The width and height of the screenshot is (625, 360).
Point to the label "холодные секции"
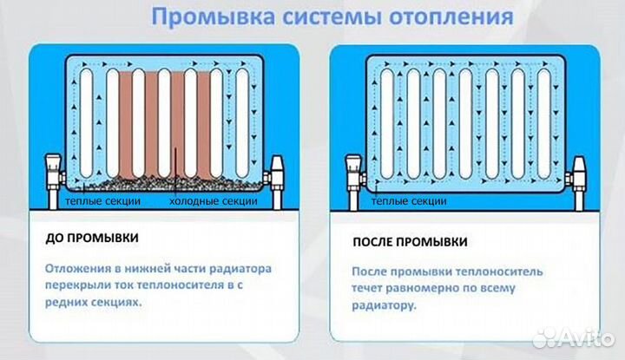[213, 201]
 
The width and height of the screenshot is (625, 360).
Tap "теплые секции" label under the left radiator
[103, 201]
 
